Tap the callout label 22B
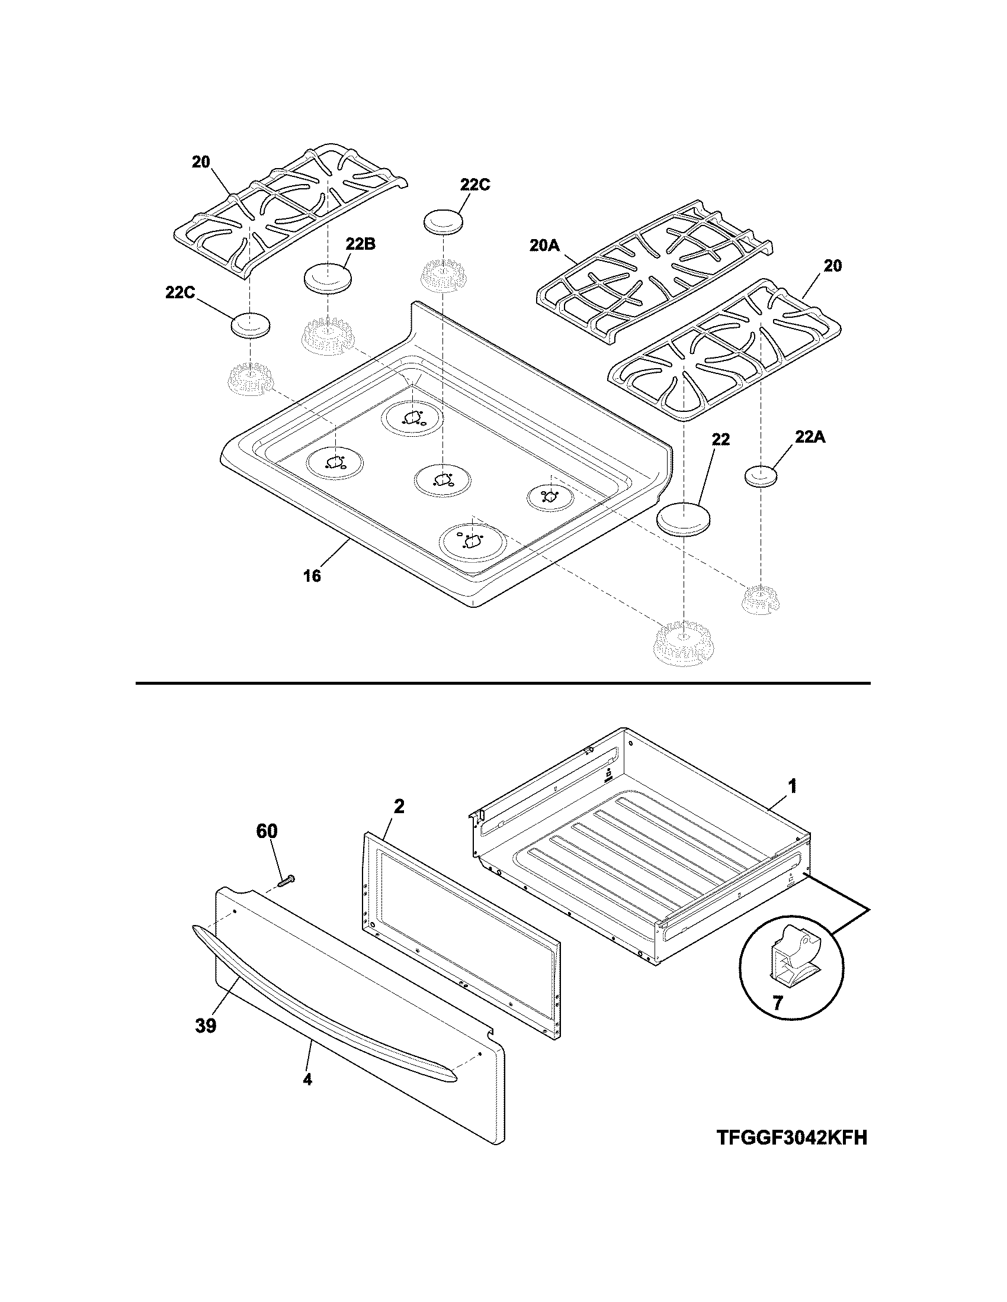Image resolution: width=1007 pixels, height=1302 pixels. click(x=360, y=244)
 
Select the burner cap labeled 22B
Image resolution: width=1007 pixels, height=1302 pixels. click(x=328, y=278)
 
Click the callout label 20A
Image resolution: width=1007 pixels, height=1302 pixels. click(x=544, y=245)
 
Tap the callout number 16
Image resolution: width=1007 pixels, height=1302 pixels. click(x=312, y=575)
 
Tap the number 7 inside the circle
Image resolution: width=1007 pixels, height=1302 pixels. click(x=777, y=1003)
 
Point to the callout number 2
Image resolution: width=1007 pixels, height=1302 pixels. click(x=399, y=807)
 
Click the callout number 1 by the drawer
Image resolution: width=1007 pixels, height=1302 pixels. click(x=792, y=787)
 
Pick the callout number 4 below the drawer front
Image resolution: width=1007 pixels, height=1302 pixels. click(x=307, y=1095)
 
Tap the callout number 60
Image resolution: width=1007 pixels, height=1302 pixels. click(x=267, y=831)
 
